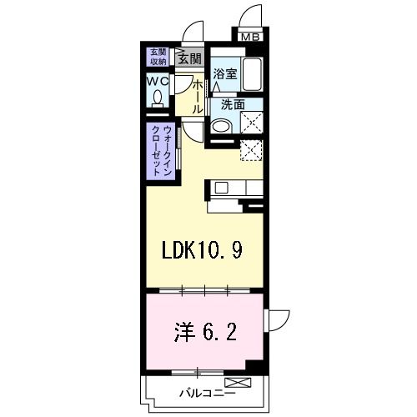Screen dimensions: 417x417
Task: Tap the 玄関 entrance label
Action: (189, 58)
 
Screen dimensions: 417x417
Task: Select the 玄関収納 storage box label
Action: (158, 56)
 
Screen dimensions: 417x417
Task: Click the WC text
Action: (158, 82)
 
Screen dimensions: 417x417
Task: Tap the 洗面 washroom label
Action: (233, 106)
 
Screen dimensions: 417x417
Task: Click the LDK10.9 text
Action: (203, 250)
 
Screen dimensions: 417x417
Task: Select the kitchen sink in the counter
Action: (222, 187)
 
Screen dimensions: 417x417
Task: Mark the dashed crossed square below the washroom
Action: (251, 150)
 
